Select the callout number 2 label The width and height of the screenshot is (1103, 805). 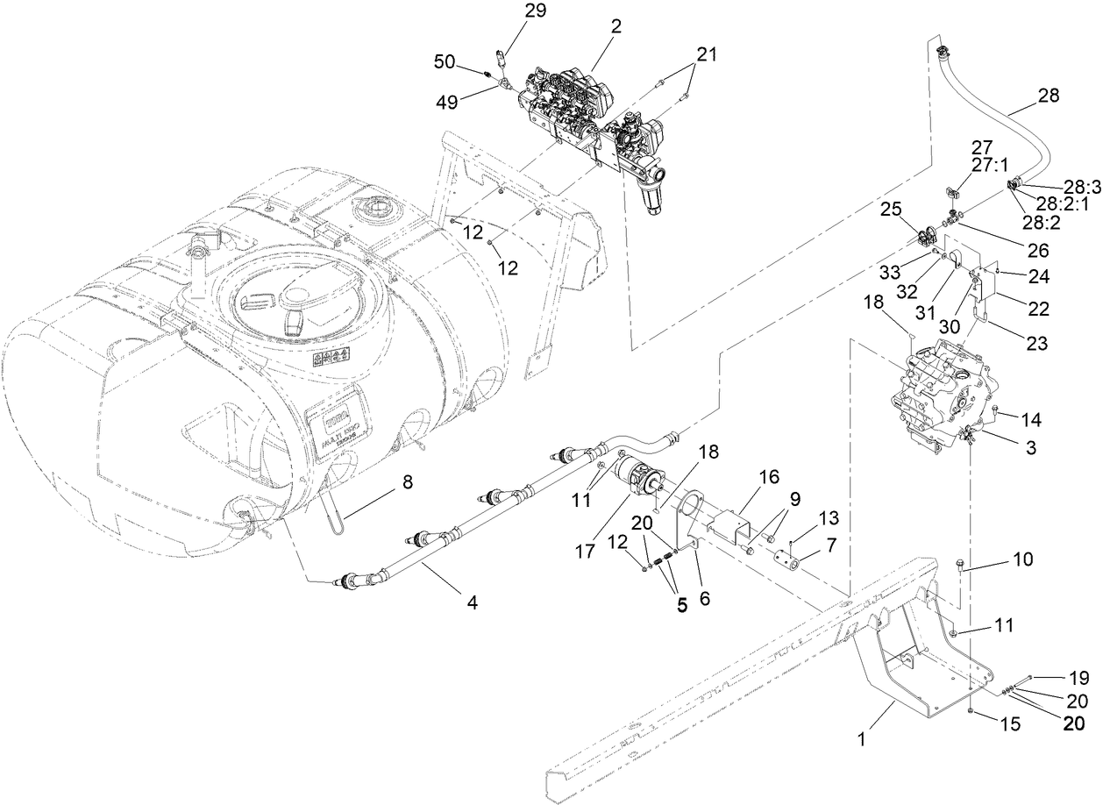coord(616,26)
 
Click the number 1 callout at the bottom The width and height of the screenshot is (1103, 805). coord(861,739)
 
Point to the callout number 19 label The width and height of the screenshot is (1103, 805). coord(1078,677)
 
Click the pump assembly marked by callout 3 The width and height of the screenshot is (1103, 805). coord(938,395)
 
